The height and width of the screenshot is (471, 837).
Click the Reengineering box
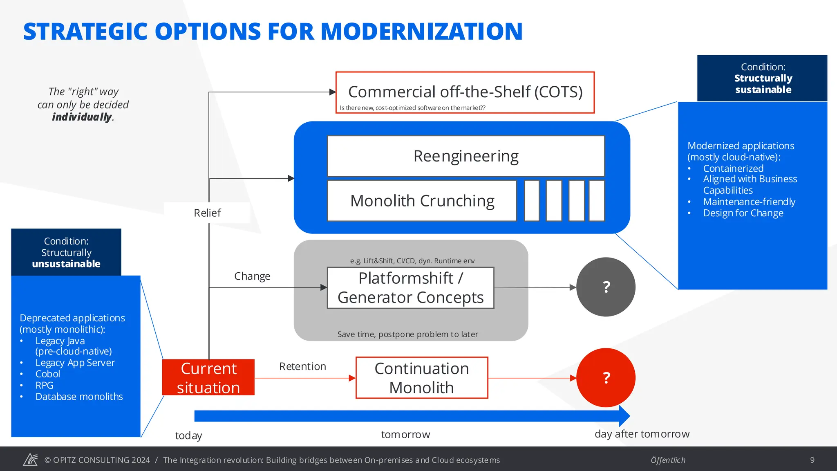point(465,156)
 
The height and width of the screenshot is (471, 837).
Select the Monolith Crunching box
point(422,201)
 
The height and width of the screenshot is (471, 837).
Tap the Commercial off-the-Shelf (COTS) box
point(465,92)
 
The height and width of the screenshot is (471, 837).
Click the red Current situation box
point(208,377)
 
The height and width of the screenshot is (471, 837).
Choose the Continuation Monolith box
point(421,378)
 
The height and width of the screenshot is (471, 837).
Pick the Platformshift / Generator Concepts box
point(410,288)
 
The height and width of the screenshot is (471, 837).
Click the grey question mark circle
point(606,287)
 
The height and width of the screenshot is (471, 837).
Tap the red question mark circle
point(606,378)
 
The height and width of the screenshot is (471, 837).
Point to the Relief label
point(207,213)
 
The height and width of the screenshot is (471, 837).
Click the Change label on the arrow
point(252,276)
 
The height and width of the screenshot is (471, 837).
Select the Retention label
point(302,366)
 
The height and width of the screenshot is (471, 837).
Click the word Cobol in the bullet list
point(48,374)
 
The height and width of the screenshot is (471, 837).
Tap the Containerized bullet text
point(733,168)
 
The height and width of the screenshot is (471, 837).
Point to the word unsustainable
point(66,264)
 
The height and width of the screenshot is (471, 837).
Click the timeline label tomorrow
point(405,435)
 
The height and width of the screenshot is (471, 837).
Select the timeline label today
point(188,436)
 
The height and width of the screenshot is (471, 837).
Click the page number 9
point(812,460)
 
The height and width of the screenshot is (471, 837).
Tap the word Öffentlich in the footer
point(668,460)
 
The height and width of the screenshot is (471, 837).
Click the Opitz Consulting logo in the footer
point(30,460)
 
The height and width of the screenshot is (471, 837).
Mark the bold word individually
point(82,117)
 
